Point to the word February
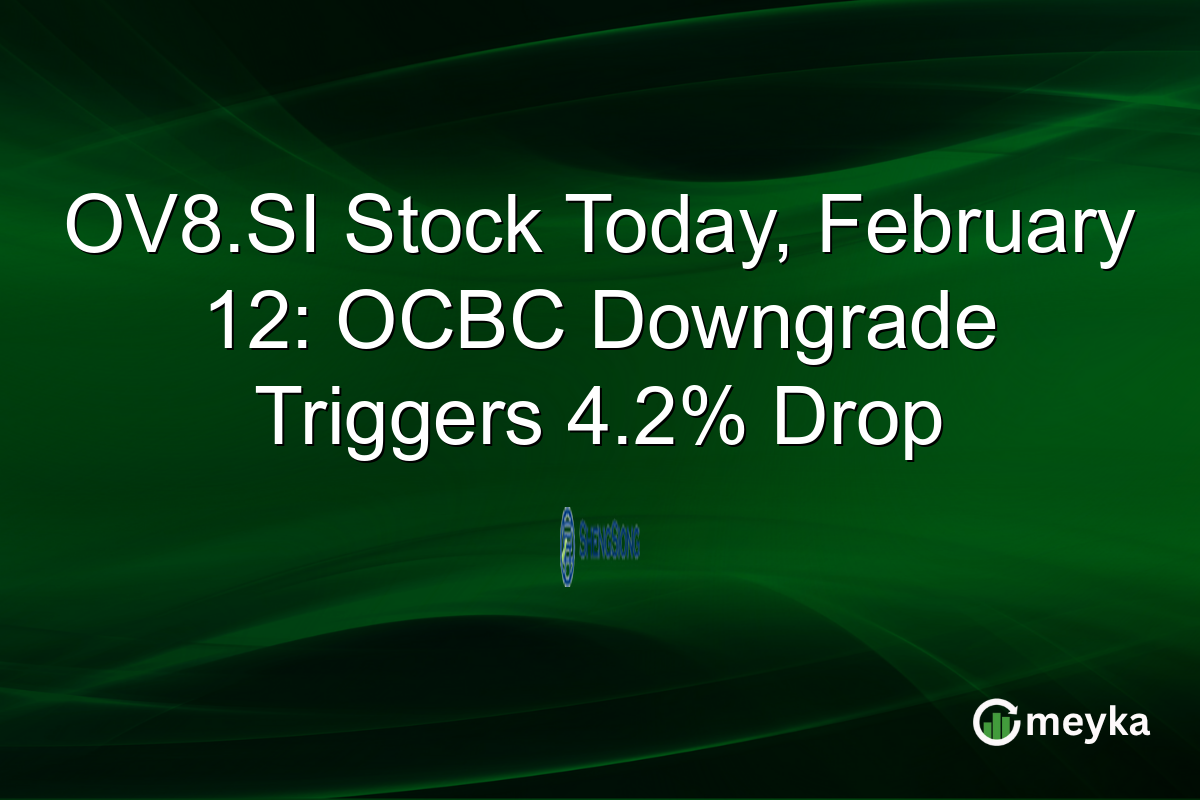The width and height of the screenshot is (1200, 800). (x=963, y=227)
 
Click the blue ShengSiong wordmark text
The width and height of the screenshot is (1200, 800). (x=608, y=547)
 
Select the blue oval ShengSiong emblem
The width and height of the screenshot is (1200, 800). (x=568, y=546)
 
